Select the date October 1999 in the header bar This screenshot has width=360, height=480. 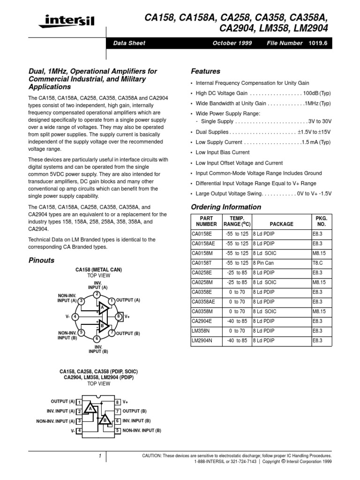coord(232,43)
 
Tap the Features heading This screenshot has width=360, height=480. coord(206,71)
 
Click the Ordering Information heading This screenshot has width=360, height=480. coord(226,207)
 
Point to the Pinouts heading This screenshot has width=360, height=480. coord(42,260)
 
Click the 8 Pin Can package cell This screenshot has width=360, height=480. coord(263,263)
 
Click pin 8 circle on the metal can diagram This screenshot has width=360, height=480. coord(119,316)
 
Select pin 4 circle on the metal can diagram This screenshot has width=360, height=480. coord(75,316)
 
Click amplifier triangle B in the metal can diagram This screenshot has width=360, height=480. coord(102,325)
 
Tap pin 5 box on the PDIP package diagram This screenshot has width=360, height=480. coord(118,430)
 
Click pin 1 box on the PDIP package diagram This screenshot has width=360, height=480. coord(80,402)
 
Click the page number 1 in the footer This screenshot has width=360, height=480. coord(100,456)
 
